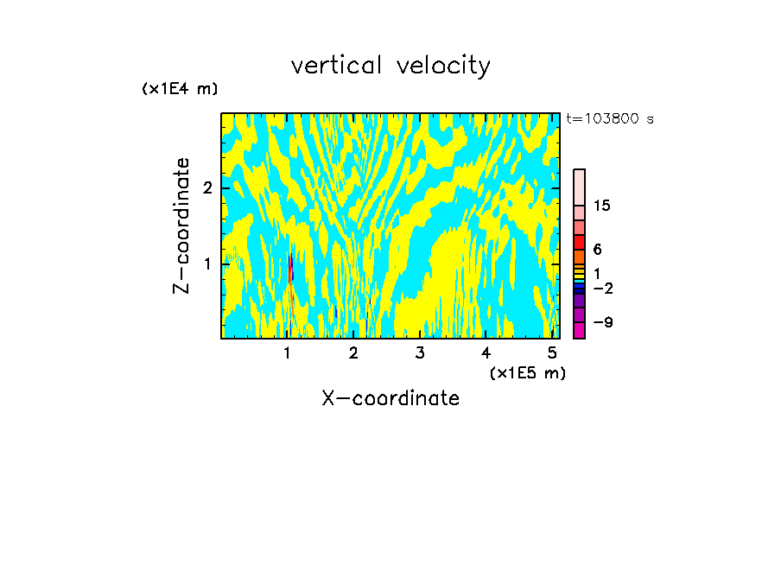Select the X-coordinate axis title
(390, 398)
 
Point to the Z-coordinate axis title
(181, 225)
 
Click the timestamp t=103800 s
(609, 119)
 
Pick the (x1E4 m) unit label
(180, 89)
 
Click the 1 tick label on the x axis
(288, 353)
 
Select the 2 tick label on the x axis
(353, 353)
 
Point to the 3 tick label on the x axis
(420, 353)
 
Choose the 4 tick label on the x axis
(486, 353)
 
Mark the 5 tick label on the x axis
(552, 353)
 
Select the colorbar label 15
(602, 206)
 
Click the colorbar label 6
(597, 250)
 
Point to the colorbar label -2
(602, 288)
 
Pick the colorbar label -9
(602, 322)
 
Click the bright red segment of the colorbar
(579, 242)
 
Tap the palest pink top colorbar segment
(579, 187)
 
